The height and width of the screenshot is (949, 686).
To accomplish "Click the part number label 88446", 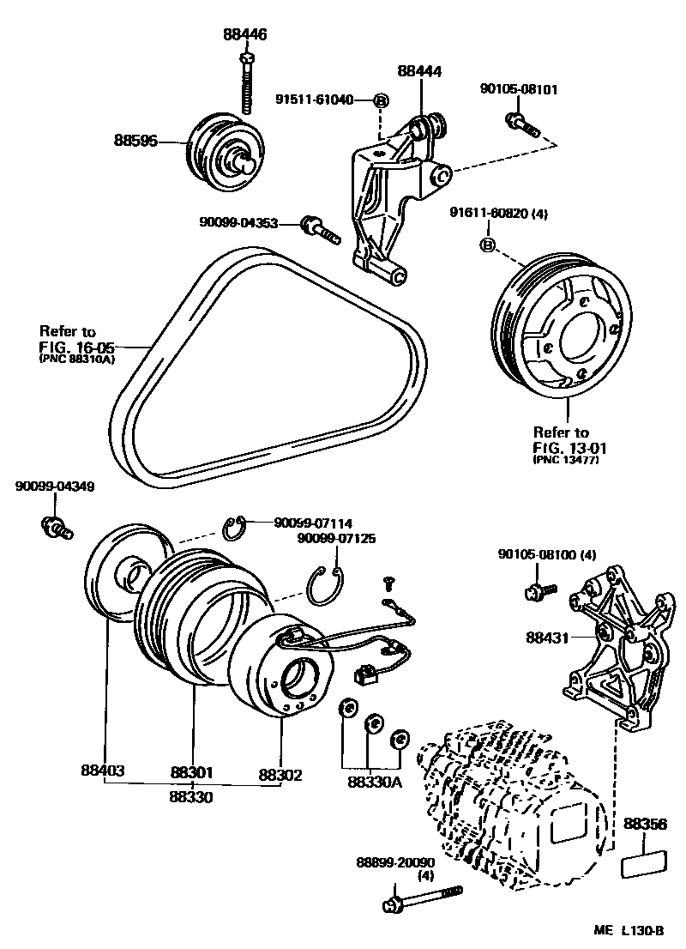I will pyautogui.click(x=245, y=35).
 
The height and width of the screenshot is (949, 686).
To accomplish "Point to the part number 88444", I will pyautogui.click(x=420, y=73).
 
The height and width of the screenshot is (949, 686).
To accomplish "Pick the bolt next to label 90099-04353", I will pyautogui.click(x=320, y=229).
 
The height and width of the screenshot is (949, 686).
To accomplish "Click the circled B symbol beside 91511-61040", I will pyautogui.click(x=382, y=100).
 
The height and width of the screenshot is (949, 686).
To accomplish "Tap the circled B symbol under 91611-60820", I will pyautogui.click(x=487, y=246).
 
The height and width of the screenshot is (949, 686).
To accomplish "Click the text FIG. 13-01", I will pyautogui.click(x=563, y=446).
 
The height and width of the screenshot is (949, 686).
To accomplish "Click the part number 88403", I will pyautogui.click(x=103, y=771).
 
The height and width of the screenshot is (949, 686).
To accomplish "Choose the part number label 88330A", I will pyautogui.click(x=376, y=781).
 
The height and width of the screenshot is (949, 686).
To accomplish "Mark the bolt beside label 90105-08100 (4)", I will pyautogui.click(x=539, y=590).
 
